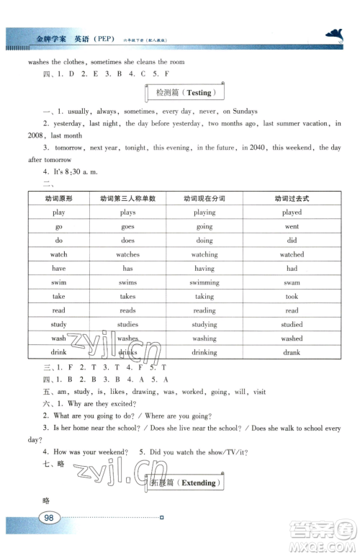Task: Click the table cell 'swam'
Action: coord(292,282)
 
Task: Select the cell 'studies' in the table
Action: coord(127,324)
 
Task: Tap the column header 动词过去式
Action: coord(292,198)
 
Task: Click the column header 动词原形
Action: coord(59,198)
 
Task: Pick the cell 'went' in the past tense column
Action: coord(292,226)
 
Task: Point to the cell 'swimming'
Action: coord(204,282)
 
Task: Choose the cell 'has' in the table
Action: coord(127,268)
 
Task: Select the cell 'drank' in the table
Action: coord(292,352)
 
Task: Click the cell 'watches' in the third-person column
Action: coord(127,254)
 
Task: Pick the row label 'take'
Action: coord(59,296)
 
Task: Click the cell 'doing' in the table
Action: coord(204,240)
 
